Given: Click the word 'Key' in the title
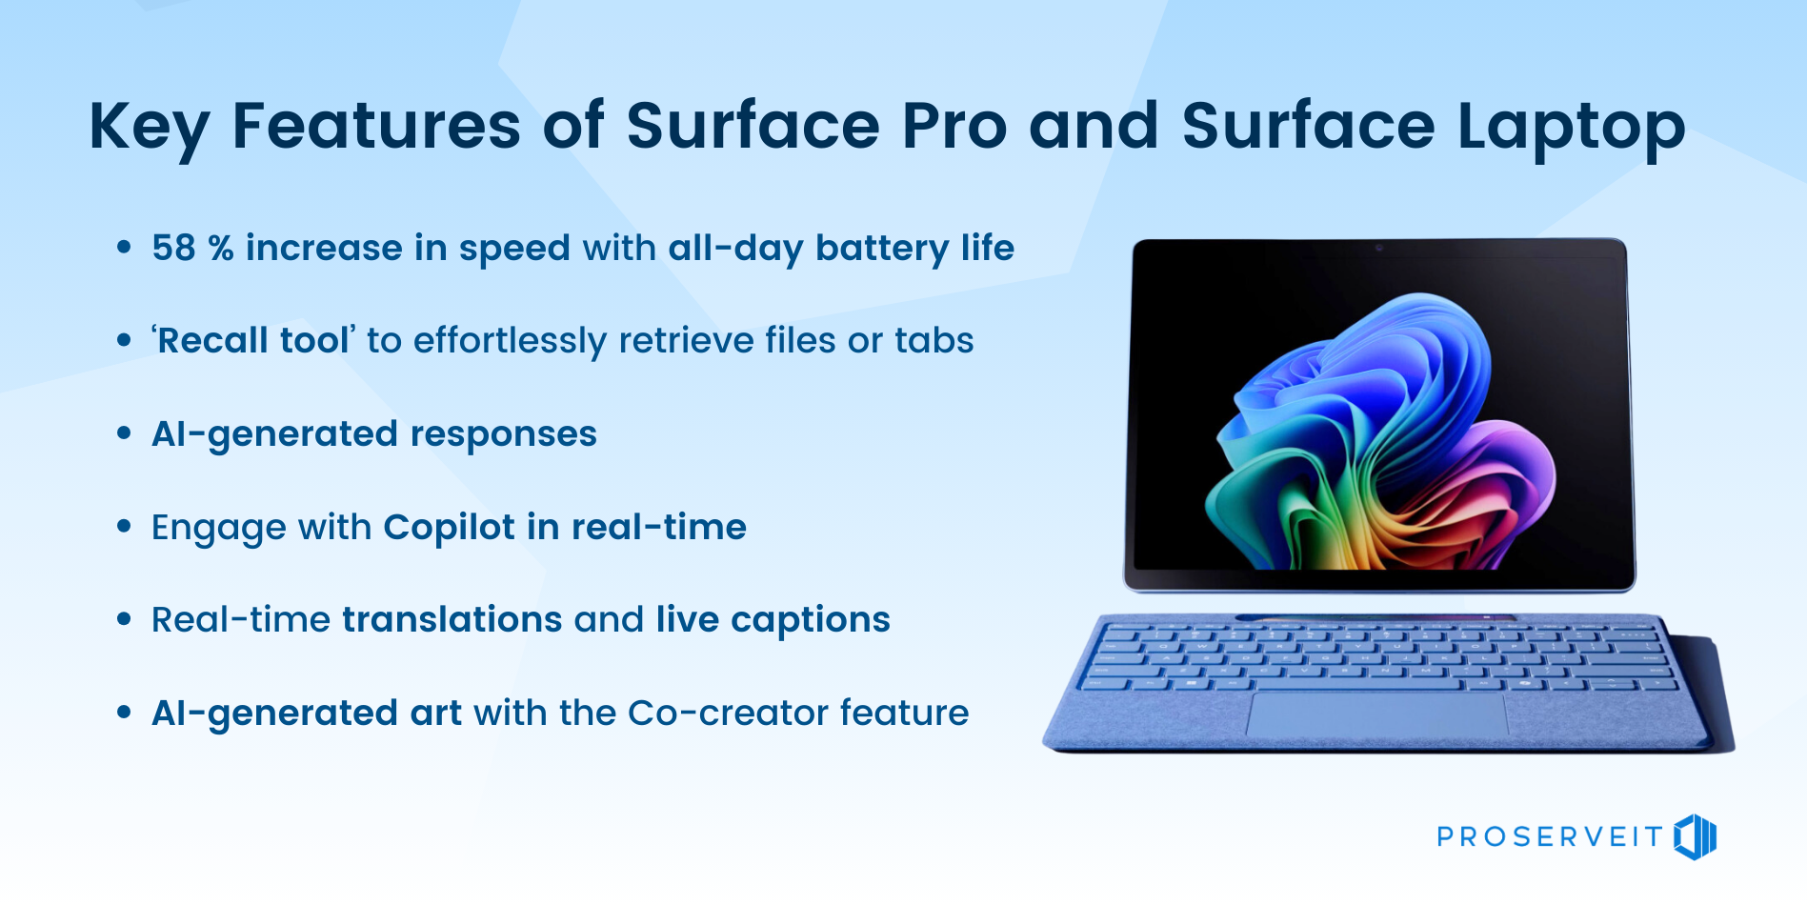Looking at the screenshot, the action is (x=149, y=128).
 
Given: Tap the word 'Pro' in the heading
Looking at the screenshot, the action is (x=954, y=126).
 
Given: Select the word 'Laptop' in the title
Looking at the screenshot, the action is (x=1571, y=129).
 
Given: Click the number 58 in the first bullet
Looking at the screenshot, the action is (x=173, y=249).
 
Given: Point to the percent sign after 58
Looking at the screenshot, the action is (x=221, y=249).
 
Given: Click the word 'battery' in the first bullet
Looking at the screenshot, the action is (x=882, y=250).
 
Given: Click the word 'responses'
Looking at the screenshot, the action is (x=503, y=435).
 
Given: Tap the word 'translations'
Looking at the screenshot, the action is (x=452, y=620).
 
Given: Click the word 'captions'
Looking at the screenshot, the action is (x=811, y=621).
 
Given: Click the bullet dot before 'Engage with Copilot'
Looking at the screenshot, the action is (x=124, y=526).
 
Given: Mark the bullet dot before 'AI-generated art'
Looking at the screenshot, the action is (x=124, y=712).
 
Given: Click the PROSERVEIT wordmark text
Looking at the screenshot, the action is (x=1550, y=837).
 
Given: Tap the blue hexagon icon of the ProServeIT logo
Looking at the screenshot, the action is (x=1696, y=837).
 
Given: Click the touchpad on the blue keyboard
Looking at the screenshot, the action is (x=1376, y=714).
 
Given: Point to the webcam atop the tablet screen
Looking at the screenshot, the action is (x=1378, y=248).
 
